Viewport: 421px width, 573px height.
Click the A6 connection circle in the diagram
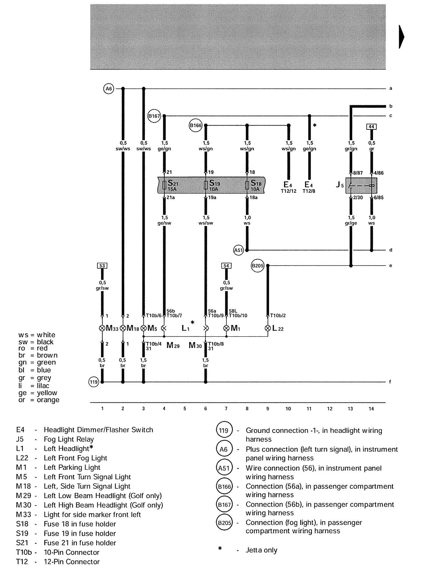(x=109, y=88)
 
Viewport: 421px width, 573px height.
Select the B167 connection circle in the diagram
(x=154, y=116)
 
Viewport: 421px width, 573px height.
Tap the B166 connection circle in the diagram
(x=195, y=125)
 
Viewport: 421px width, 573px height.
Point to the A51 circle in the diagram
(x=238, y=250)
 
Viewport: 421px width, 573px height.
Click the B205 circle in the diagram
(x=257, y=266)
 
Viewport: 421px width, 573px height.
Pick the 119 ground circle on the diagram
(x=94, y=382)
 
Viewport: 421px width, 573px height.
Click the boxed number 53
(x=102, y=266)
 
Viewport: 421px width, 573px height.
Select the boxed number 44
(x=371, y=127)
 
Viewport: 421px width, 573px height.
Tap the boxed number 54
(x=226, y=266)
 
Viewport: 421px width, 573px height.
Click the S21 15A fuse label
(x=172, y=186)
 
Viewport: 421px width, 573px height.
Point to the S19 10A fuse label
(x=214, y=186)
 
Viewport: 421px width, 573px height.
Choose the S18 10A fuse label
(x=256, y=186)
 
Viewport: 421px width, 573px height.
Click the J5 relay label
(x=339, y=185)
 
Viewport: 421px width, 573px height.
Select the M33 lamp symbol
(x=102, y=328)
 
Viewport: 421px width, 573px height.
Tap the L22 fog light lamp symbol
(x=268, y=328)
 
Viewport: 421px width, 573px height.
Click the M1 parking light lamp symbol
(x=226, y=328)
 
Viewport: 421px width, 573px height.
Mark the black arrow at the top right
(x=402, y=37)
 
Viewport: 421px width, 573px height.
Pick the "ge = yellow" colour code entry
(x=38, y=393)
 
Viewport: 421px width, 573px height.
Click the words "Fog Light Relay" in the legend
(x=69, y=439)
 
